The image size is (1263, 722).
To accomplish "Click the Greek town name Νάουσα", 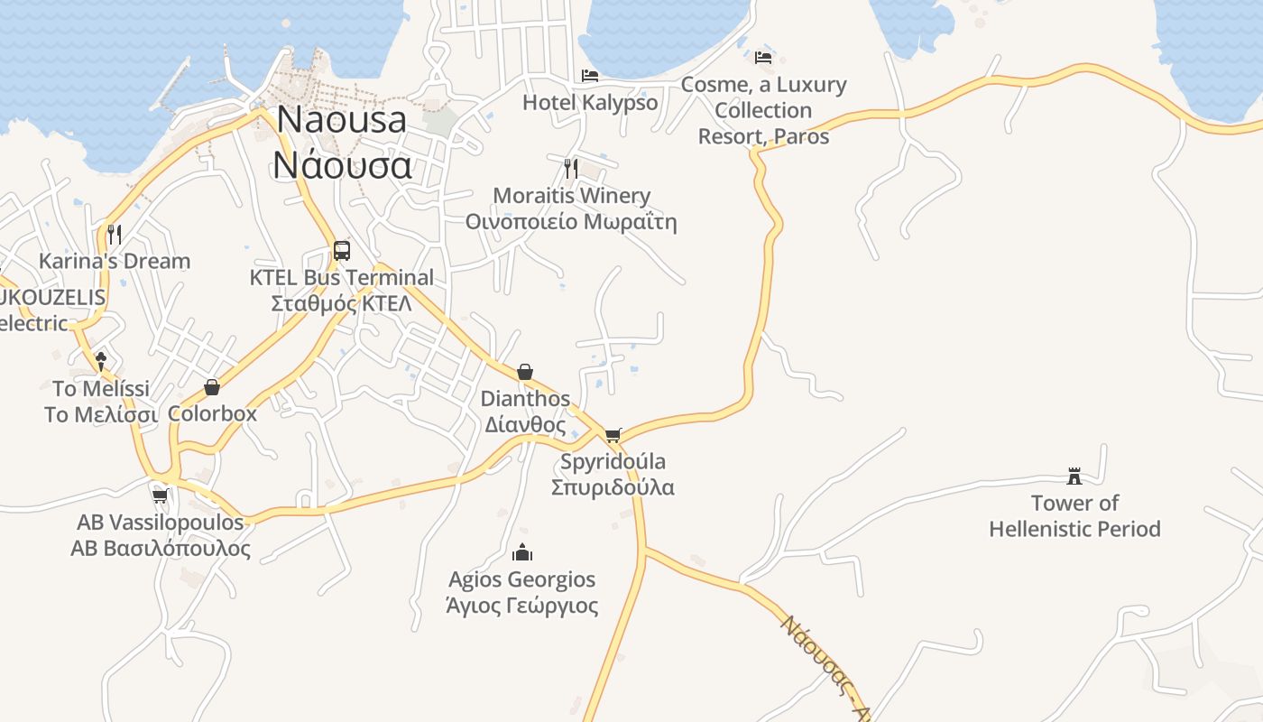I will pos(343,165).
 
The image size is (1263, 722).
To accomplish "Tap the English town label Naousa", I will pos(342,119).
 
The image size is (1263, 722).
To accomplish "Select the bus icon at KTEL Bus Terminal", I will pos(342,250).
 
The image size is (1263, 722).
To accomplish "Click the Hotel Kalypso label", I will pos(590,102).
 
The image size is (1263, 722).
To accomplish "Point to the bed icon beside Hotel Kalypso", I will pos(590,75).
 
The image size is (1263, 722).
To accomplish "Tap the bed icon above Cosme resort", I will pos(763,58).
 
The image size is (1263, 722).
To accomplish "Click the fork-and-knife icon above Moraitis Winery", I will pos(570,168).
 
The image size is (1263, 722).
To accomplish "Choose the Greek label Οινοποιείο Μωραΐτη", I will pos(570,222).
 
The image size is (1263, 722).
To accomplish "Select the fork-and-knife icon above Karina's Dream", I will pos(115,234).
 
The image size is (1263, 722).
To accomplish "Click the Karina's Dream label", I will pos(115,261).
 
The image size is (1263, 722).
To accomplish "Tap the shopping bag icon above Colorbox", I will pos(212,387).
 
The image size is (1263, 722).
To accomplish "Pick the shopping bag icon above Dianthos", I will pos(525,372).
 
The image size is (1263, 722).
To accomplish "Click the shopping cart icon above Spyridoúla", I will pos(613,435).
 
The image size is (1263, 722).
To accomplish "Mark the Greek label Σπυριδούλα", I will pos(613,487).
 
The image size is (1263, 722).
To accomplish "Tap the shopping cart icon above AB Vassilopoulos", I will pos(161,495).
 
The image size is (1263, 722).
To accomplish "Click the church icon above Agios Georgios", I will pos(522,552).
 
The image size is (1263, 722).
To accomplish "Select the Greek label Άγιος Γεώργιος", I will pos(522,605).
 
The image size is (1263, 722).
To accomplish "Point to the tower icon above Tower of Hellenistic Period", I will pos(1074,476).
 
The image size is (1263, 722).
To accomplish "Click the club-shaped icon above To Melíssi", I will pos(101,361).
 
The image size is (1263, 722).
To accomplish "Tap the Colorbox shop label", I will pos(212,413).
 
